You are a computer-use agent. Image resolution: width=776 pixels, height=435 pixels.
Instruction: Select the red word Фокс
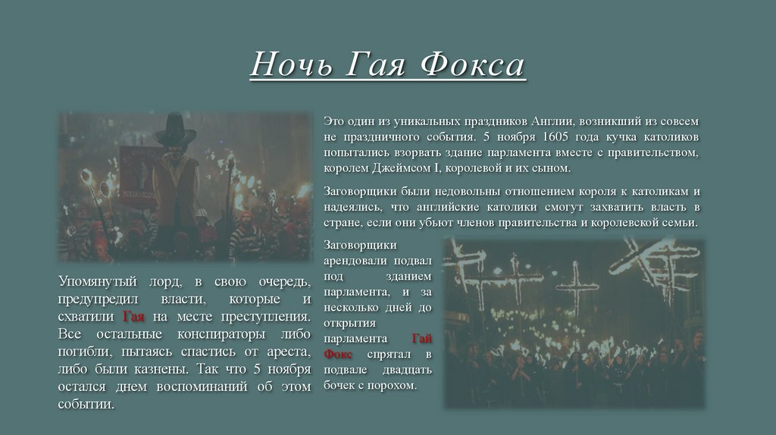click(338, 354)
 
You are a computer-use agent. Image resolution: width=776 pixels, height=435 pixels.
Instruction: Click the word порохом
click(392, 386)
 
